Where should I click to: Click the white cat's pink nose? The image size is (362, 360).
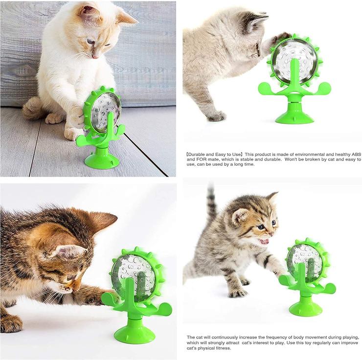click(x=95, y=56)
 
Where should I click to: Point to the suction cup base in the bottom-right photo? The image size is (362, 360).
click(x=306, y=308)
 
